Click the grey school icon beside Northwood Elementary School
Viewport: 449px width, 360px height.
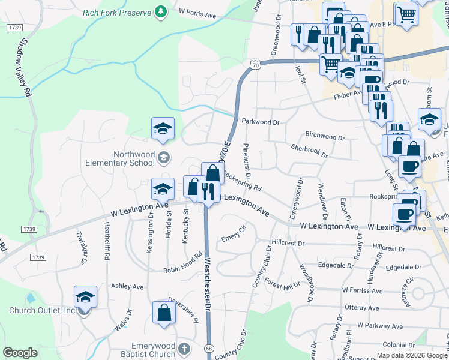pos(163,158)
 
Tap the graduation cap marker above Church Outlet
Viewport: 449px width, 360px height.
pos(85,297)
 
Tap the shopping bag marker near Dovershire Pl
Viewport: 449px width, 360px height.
pos(164,313)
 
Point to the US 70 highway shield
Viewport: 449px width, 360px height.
pos(256,64)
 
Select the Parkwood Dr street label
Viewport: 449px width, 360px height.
pos(261,122)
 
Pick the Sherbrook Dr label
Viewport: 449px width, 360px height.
pos(309,151)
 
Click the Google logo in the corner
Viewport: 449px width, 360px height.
pos(20,352)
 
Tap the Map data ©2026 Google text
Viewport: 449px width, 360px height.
pos(412,355)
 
